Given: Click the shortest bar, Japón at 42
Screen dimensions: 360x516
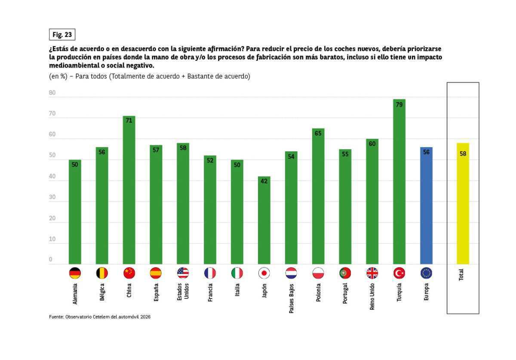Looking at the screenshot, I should click(x=264, y=220).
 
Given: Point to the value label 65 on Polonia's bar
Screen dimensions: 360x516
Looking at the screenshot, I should click(x=318, y=133).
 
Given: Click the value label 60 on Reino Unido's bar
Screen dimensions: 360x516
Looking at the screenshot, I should click(x=372, y=144).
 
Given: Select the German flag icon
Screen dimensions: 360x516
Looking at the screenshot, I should click(x=75, y=273).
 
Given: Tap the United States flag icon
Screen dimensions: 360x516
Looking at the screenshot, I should click(x=183, y=273).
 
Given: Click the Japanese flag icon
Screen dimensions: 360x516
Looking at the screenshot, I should click(x=264, y=273).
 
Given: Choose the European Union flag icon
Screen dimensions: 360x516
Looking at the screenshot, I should click(x=426, y=273).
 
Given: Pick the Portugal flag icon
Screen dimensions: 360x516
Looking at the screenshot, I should click(x=345, y=273).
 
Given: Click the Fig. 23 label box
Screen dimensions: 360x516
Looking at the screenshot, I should click(x=62, y=35).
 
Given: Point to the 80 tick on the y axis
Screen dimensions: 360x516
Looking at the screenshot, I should click(x=52, y=93).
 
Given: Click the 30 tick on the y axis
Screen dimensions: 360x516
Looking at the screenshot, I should click(x=52, y=197).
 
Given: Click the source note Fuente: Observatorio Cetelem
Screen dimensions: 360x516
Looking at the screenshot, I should click(x=100, y=317).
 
